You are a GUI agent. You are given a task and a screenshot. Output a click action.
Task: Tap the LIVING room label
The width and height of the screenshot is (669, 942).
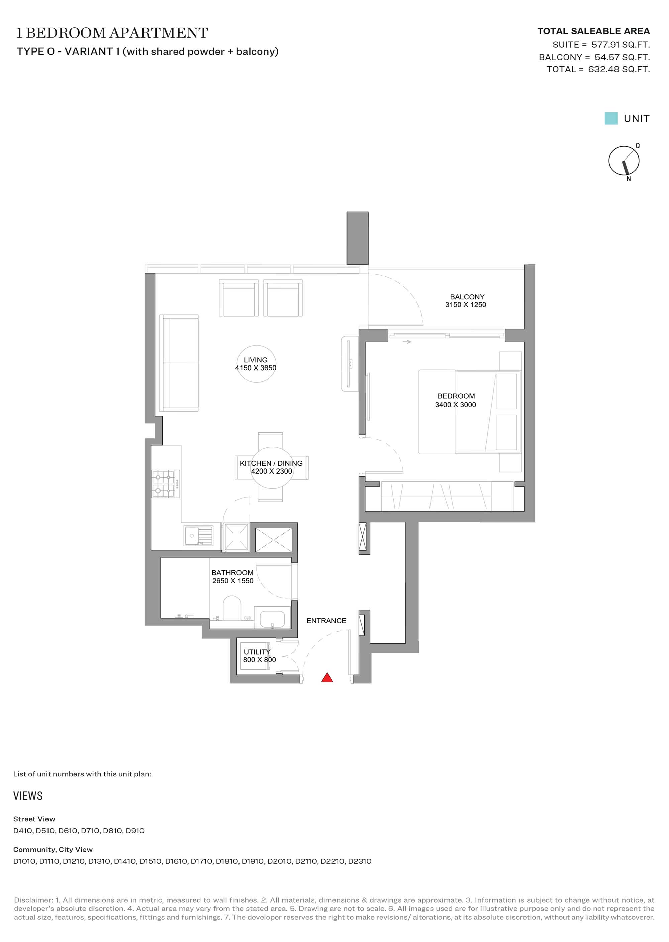(x=256, y=360)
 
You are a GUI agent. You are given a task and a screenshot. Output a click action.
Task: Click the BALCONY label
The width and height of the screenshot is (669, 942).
(x=467, y=297)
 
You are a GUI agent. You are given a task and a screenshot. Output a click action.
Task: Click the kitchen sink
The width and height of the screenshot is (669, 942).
(x=199, y=536)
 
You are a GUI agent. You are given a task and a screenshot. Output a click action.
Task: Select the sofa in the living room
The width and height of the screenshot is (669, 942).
(x=179, y=363)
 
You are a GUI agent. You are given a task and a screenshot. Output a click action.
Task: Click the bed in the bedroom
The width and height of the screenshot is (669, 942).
(x=470, y=412)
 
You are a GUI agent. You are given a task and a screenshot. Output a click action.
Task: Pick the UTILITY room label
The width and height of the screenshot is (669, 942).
(x=257, y=652)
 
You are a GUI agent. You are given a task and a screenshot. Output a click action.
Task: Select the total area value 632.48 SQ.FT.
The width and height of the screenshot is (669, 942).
(x=619, y=69)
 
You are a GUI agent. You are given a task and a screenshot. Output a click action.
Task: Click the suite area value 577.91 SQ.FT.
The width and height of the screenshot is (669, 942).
(x=620, y=44)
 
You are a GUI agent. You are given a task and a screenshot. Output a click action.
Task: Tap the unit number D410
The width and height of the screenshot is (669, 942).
(x=23, y=830)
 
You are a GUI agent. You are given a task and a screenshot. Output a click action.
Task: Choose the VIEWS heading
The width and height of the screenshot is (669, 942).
(x=28, y=796)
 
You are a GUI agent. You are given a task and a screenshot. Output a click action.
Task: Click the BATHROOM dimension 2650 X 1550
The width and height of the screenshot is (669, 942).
(x=233, y=581)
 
